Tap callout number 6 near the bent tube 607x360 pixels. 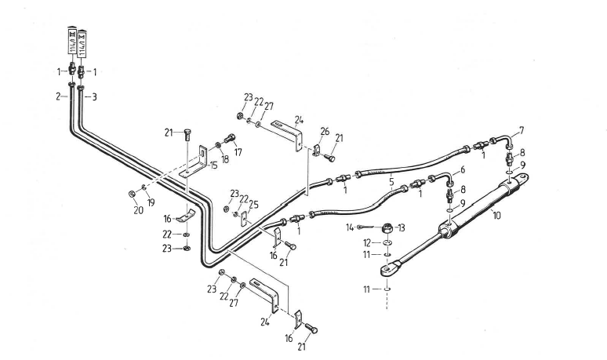point(462,169)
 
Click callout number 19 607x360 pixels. point(150,202)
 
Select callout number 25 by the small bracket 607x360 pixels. point(254,206)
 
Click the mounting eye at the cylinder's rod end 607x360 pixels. point(387,271)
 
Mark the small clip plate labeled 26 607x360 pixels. point(317,150)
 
